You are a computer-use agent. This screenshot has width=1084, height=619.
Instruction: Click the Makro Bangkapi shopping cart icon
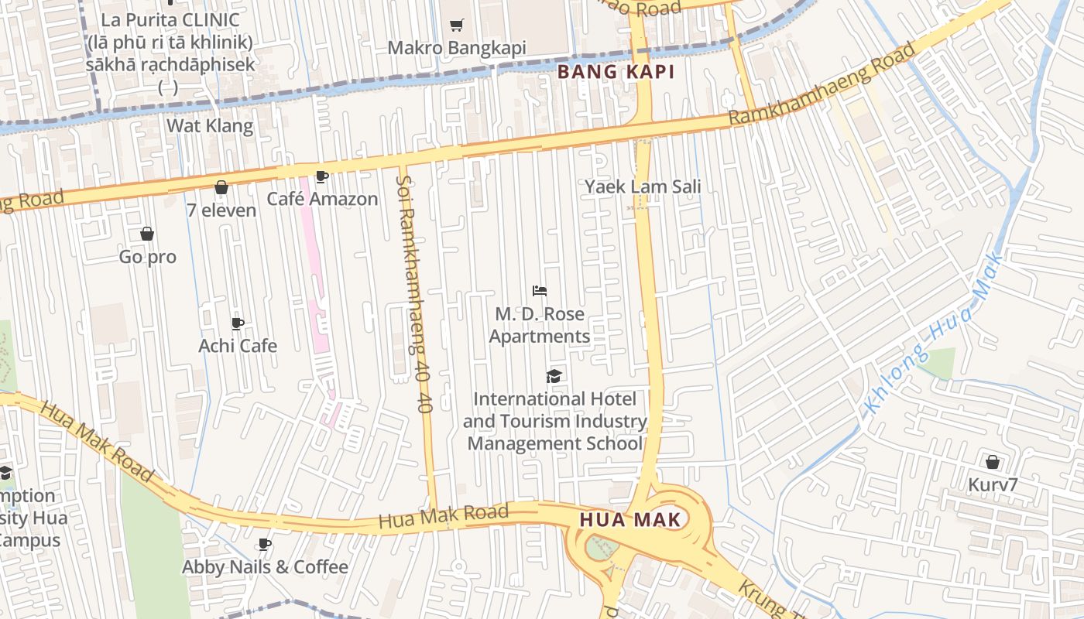(457, 25)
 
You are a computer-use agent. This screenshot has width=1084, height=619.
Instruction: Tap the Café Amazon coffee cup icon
(322, 177)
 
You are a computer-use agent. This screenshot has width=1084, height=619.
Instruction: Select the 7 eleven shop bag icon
(221, 187)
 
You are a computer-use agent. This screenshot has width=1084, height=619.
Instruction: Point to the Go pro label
(147, 257)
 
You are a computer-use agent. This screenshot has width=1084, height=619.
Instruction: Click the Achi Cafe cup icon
(238, 323)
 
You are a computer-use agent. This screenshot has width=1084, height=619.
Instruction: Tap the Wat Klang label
(210, 125)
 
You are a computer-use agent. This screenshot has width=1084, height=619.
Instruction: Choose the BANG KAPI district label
(617, 73)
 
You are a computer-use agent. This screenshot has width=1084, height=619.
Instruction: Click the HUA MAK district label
(630, 520)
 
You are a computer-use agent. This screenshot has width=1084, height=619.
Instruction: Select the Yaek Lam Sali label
(643, 186)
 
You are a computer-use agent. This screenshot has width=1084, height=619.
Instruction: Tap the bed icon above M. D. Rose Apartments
(540, 291)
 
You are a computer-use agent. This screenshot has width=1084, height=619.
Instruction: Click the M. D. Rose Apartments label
(540, 325)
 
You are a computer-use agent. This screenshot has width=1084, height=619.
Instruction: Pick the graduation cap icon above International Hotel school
(554, 377)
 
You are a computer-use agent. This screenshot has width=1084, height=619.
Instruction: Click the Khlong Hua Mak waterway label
(934, 333)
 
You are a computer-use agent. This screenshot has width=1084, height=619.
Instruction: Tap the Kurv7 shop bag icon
(992, 463)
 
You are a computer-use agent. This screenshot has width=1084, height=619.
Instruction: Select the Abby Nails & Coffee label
(265, 567)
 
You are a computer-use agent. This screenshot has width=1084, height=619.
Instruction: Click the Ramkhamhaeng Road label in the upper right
(822, 84)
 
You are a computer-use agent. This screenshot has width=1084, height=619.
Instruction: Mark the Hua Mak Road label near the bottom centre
(443, 516)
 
